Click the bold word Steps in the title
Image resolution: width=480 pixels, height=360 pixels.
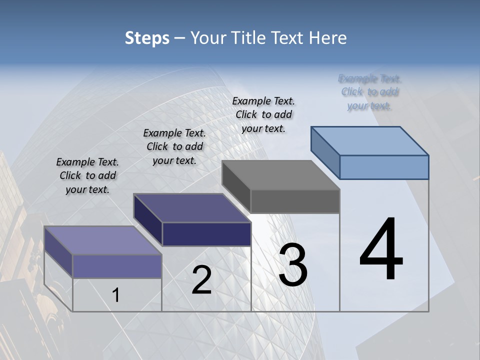pos(147,38)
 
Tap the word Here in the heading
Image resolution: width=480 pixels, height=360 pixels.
pos(328,38)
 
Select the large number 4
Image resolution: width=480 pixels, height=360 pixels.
pos(381,250)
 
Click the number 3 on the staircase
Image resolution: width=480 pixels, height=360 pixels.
pos(293,265)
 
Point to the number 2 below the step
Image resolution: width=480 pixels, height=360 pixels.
pos(201,280)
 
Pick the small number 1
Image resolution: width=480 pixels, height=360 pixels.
pos(116,295)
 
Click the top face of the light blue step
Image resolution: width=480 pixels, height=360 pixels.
pos(370,140)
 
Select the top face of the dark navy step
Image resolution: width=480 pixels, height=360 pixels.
pos(192,208)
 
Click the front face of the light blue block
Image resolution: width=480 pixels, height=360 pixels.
pos(384,167)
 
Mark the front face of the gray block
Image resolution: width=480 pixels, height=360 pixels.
pos(295,201)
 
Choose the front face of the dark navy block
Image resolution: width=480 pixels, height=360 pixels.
pos(206,234)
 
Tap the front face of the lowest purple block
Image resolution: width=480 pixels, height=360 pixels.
pos(117,266)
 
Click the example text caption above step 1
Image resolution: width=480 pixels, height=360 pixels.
pos(87,175)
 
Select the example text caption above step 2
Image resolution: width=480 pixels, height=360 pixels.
pos(174,146)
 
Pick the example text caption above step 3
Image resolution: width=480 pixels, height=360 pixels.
pos(263,114)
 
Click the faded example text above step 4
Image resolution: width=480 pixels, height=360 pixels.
pos(369,92)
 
